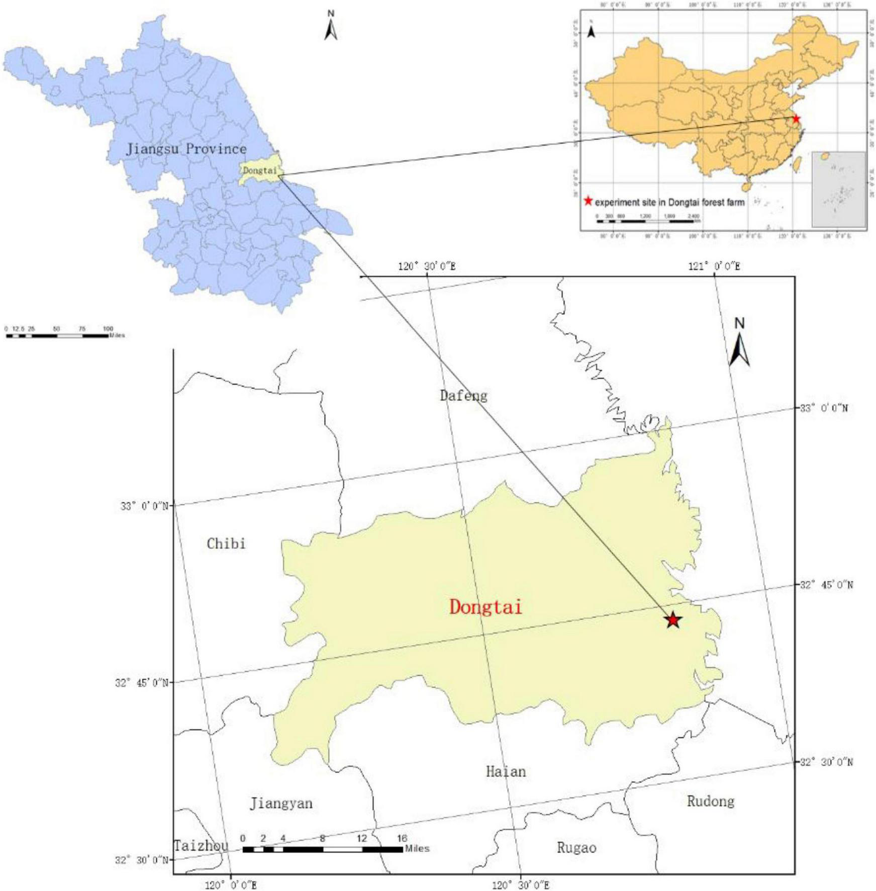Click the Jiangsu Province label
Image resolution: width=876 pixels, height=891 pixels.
(x=186, y=149)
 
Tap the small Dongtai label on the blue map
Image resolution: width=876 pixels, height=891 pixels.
(x=260, y=170)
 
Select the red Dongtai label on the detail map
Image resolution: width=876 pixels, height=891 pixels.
(x=485, y=607)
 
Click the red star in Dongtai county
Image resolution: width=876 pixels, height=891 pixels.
(x=673, y=620)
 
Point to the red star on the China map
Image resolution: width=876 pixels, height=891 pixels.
(x=796, y=119)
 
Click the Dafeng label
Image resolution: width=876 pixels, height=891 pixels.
(x=463, y=396)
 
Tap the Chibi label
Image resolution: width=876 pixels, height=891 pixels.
(x=226, y=544)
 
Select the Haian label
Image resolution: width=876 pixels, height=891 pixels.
(x=506, y=771)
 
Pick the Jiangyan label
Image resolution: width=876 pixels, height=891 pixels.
(x=281, y=804)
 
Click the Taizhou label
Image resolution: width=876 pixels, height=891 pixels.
(x=201, y=846)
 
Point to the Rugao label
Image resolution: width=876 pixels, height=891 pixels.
(x=576, y=848)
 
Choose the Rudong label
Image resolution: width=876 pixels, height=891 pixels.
(x=711, y=801)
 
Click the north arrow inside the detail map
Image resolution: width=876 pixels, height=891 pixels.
(x=739, y=344)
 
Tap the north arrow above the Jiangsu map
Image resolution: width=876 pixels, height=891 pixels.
(x=331, y=26)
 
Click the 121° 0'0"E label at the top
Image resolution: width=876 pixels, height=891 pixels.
(x=714, y=266)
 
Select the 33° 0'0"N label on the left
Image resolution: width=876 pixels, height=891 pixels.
(x=144, y=506)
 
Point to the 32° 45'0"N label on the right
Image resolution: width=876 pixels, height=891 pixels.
(x=826, y=585)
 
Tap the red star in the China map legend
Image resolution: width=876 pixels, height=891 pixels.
(x=588, y=202)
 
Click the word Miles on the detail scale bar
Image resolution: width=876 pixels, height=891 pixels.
(x=418, y=848)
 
